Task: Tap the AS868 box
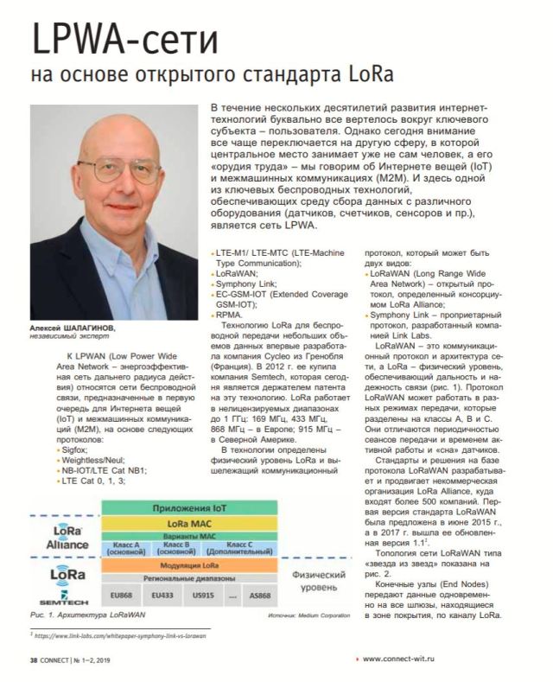[x=264, y=596]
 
